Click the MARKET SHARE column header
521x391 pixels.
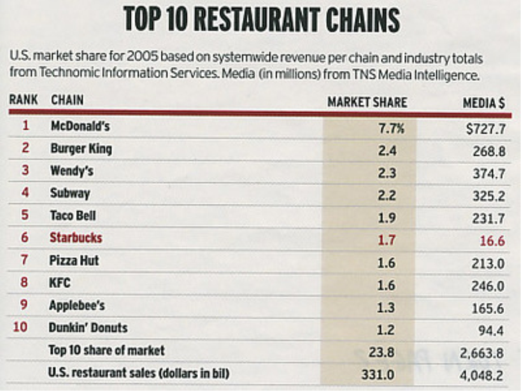coord(367,102)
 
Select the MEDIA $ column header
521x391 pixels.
coord(483,103)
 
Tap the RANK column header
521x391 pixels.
coord(23,100)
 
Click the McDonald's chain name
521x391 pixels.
coord(80,126)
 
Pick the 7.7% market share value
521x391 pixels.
coord(391,129)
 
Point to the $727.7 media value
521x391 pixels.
coord(485,129)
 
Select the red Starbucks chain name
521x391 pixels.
coord(76,238)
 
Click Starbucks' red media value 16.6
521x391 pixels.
coord(492,241)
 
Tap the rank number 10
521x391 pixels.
coord(20,327)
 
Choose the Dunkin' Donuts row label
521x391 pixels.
coord(88,327)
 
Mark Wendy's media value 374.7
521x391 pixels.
coord(488,174)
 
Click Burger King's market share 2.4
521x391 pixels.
coord(387,151)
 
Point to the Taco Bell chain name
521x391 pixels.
coord(73,215)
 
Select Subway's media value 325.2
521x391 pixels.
coord(488,196)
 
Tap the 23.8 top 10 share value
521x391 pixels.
coord(382,352)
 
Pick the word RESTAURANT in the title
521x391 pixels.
coord(258,21)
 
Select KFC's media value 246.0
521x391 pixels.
coord(487,286)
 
